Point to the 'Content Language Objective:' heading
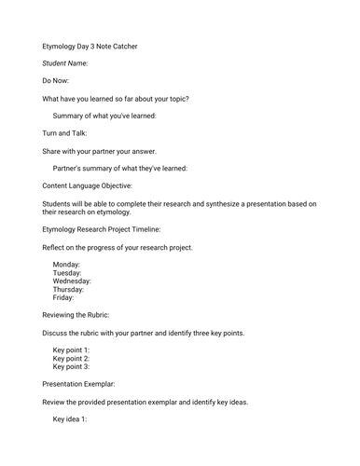101,185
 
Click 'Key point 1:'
72,349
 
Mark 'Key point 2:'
72,358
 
